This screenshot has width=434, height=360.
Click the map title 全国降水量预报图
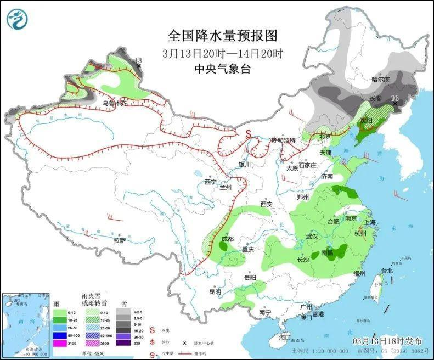(x=222, y=36)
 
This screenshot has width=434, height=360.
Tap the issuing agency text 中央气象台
(x=222, y=69)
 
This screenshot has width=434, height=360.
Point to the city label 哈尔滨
(x=380, y=80)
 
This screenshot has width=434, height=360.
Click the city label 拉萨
(x=120, y=240)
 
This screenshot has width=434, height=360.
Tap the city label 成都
(x=228, y=239)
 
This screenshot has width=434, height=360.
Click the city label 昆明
(x=215, y=291)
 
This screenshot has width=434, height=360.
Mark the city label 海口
(x=284, y=337)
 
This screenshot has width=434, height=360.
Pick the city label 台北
(x=387, y=271)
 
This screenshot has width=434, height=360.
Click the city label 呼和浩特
(x=283, y=140)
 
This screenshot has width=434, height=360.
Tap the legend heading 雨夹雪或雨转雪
(x=94, y=300)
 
